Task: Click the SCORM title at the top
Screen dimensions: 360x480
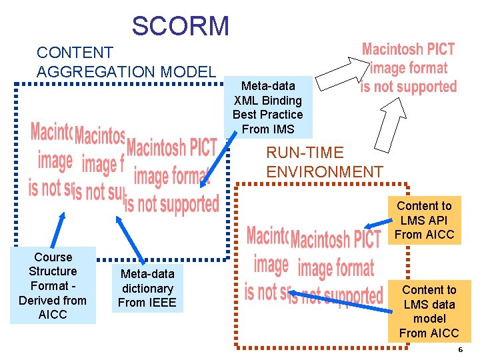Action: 180,26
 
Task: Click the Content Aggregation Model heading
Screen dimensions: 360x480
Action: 126,62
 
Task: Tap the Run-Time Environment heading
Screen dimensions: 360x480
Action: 325,163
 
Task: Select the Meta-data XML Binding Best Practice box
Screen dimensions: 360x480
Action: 268,107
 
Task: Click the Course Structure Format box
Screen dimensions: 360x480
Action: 53,285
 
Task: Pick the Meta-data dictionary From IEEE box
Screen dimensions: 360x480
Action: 147,288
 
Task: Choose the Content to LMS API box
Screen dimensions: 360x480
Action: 424,220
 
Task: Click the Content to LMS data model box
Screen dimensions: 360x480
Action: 429,311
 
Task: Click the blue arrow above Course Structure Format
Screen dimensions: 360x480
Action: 58,230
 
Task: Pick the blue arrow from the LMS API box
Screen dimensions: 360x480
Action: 376,225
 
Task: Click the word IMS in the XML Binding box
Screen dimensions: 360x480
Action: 283,129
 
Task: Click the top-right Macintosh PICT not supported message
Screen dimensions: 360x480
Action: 408,68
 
